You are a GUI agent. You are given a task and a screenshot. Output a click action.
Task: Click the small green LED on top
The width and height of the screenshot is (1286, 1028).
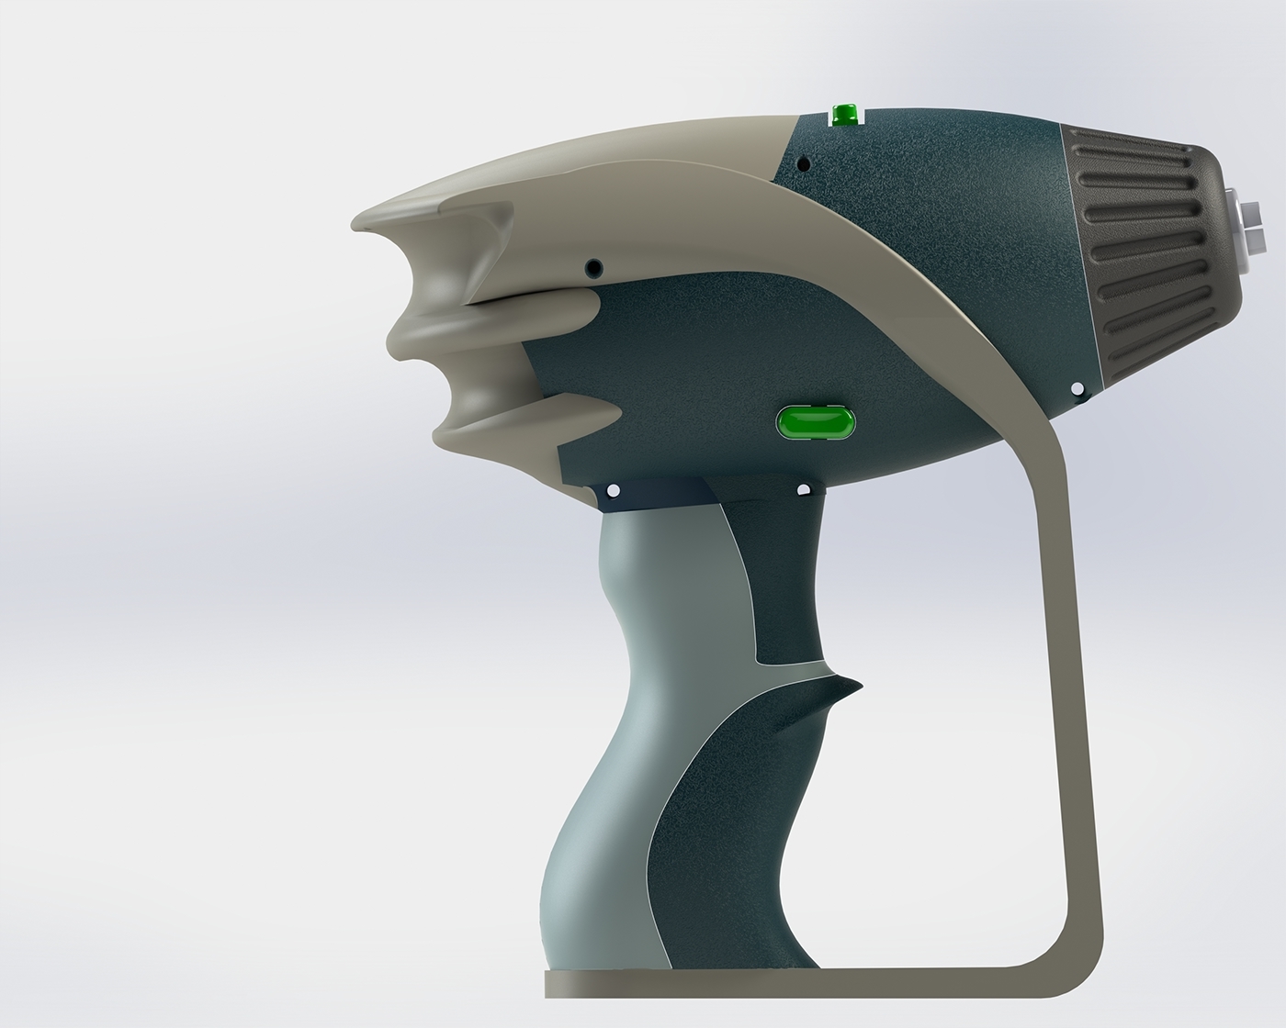(x=843, y=115)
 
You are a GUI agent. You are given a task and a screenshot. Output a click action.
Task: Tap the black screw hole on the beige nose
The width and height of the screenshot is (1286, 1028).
(x=595, y=267)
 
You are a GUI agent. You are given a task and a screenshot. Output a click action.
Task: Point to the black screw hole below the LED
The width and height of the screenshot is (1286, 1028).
(x=804, y=165)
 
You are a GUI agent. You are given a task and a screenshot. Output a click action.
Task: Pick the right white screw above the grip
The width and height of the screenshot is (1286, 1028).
(x=804, y=489)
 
